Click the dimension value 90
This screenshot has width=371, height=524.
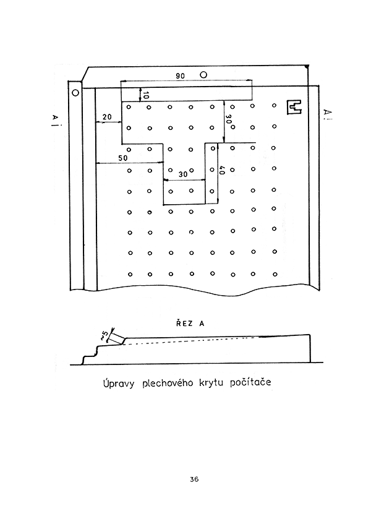point(181,75)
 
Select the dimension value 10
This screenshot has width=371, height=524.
point(145,95)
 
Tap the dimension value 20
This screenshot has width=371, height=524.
point(107,117)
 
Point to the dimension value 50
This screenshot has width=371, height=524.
point(122,158)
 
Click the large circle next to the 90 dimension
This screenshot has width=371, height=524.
point(203,74)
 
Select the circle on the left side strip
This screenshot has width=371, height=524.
point(75,93)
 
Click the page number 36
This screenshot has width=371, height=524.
point(194,479)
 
